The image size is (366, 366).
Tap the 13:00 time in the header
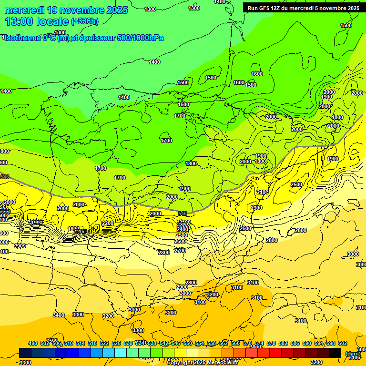[x=19, y=21]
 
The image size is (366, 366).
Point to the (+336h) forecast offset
[x=85, y=21]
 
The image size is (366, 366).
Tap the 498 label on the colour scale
[x=33, y=343]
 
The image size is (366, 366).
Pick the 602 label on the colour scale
[x=343, y=343]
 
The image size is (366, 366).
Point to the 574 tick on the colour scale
[x=259, y=343]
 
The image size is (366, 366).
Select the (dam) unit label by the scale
[x=353, y=354]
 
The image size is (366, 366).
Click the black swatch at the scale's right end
[x=335, y=353]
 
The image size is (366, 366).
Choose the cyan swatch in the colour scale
[x=121, y=353]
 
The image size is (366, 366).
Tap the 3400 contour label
[x=59, y=315]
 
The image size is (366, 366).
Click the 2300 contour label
[x=256, y=208]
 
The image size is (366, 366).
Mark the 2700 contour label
[x=180, y=250]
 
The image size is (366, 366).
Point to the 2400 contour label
[x=182, y=229]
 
